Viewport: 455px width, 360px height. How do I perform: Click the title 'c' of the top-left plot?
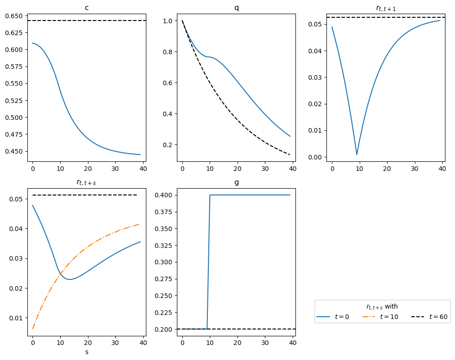pos(87,8)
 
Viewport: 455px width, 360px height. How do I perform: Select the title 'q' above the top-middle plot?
pos(236,8)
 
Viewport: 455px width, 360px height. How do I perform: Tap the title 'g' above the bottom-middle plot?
pos(236,182)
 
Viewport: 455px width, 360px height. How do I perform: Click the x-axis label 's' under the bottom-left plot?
pos(87,352)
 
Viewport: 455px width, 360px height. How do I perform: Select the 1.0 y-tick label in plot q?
pos(168,21)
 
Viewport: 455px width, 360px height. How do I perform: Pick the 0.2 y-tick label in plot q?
pos(168,145)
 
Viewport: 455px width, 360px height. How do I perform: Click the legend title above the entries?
pos(382,307)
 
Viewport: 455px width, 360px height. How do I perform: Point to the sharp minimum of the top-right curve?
pos(357,154)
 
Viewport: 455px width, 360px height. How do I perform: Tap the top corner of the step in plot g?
pos(210,195)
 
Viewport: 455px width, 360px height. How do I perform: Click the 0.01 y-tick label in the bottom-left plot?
pos(16,318)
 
